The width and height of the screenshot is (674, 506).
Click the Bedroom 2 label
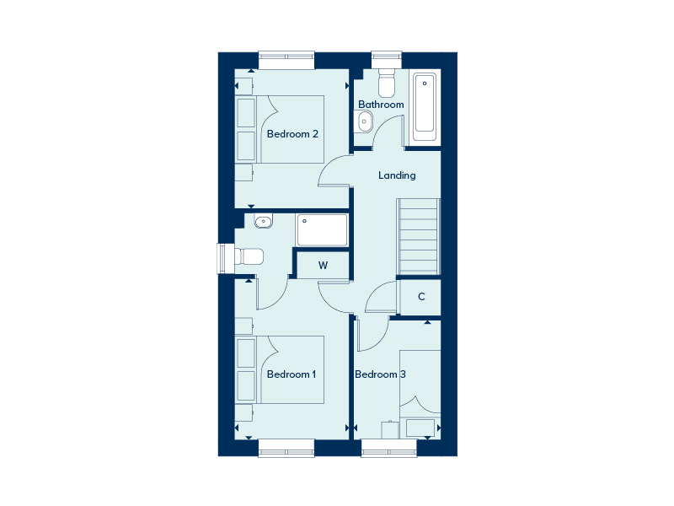pos(292,134)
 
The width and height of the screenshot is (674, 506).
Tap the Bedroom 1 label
pos(292,374)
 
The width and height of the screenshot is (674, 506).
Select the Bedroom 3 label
pos(380,374)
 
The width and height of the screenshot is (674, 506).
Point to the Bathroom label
pos(381,104)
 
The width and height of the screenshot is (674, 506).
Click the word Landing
pos(397,175)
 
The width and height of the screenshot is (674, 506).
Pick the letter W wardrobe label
pos(324,265)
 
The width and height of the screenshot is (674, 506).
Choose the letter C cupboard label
pos(421,297)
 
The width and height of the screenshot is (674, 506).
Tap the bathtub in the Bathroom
pos(425,108)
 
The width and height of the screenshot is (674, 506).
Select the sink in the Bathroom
pos(364,121)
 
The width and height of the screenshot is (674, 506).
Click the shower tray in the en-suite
pos(322,229)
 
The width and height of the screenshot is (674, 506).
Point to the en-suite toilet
pos(249,257)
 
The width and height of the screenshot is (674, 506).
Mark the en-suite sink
pos(263,221)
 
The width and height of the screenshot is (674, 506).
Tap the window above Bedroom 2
pos(286,60)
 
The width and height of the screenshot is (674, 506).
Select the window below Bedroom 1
pos(286,448)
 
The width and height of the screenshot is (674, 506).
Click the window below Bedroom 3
pos(389,448)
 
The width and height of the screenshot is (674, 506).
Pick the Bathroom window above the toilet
pos(387,60)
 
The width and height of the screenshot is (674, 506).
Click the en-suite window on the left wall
pos(226,259)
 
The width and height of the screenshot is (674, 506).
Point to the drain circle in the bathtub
pos(425,83)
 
